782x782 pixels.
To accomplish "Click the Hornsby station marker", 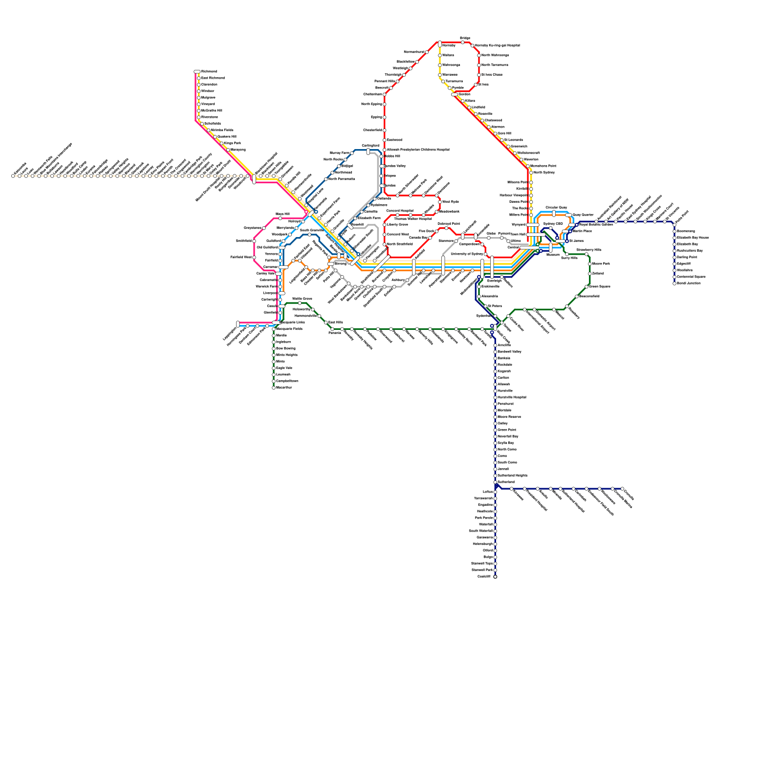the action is coord(440,44).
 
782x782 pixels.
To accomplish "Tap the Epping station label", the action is coord(376,117).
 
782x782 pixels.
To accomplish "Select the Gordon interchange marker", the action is coord(455,94).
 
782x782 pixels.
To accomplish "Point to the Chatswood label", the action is coord(493,120).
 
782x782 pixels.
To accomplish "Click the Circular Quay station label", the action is coord(556,208).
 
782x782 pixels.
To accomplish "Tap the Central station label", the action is coord(513,247).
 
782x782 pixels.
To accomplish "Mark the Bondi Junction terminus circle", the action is coord(674,283).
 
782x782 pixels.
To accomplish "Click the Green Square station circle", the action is coord(586,287).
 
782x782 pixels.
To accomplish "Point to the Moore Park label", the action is coord(601,264).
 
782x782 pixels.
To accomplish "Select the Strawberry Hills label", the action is coord(588,250).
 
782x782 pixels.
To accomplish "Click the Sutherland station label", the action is coord(506,482).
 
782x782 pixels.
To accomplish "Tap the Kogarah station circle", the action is coord(495,371).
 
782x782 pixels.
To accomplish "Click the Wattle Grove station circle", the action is coord(300,303).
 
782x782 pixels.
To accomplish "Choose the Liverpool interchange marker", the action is coord(282,293).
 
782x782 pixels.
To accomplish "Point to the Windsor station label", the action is coord(208,91).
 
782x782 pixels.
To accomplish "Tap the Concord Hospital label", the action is coord(400,211).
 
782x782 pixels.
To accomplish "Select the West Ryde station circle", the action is coord(440,202).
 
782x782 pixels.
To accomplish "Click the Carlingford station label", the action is coord(370,146).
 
